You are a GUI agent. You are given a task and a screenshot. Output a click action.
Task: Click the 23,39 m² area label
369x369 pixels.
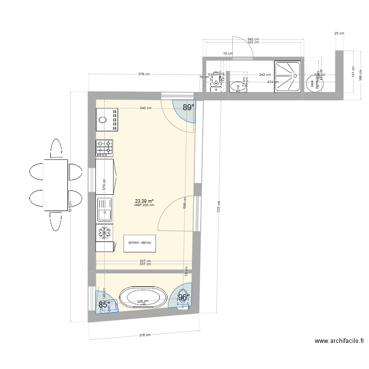[144, 201]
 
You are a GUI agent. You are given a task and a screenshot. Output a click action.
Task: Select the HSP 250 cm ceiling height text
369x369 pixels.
[144, 205]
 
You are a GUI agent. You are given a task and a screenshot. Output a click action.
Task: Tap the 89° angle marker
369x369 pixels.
[188, 107]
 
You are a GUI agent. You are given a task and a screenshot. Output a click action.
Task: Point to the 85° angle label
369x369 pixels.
[104, 305]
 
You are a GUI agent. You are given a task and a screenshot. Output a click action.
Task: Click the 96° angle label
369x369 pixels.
[183, 298]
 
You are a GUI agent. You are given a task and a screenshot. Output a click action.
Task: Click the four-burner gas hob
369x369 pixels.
[105, 146]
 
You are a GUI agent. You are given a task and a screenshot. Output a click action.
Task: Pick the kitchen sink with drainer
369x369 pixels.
[105, 210]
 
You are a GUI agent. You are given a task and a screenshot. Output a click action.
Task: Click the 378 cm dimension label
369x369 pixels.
[144, 74]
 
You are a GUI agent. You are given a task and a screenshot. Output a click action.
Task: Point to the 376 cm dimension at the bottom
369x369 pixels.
[144, 335]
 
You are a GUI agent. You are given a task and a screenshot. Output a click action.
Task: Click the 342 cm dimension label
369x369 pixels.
[253, 39]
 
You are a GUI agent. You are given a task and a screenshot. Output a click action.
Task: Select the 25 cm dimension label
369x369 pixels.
[339, 33]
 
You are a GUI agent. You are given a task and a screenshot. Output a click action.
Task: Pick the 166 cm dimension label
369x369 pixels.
[360, 74]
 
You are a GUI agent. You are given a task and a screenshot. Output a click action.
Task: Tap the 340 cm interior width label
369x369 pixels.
[145, 108]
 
